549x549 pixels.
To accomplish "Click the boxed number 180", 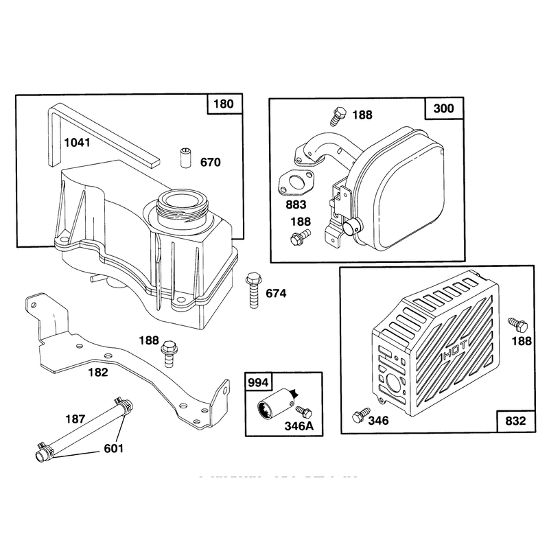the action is [x=224, y=104].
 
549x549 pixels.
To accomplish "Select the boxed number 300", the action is [x=443, y=108].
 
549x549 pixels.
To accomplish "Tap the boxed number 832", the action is [x=516, y=421].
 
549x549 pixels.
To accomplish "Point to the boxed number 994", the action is [x=258, y=382].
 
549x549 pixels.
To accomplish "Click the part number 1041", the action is [x=77, y=143].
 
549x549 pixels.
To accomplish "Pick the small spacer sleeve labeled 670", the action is [x=185, y=158].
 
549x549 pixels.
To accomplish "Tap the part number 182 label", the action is [x=98, y=372].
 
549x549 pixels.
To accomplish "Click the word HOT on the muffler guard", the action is [x=455, y=351].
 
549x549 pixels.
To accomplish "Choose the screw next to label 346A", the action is [x=303, y=412].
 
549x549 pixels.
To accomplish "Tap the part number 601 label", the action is [x=114, y=449].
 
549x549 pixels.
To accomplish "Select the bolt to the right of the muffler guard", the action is [x=518, y=325].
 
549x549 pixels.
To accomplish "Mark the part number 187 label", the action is [x=75, y=419].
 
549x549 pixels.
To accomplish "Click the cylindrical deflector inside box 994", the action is [x=277, y=404].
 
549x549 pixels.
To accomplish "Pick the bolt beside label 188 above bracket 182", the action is [x=169, y=353].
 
